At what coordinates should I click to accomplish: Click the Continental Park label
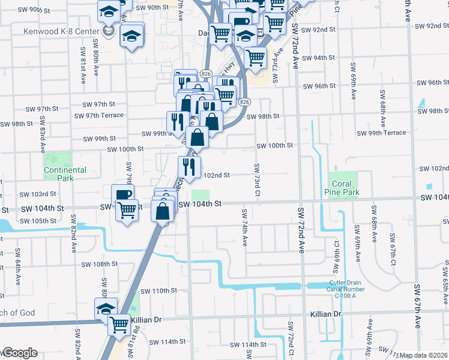coord(65,174)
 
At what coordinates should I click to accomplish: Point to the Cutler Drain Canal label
coord(352,289)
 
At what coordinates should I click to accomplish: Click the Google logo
coord(19,353)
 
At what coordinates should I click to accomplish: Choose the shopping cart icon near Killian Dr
coord(119,325)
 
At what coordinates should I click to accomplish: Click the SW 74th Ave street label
coord(245,228)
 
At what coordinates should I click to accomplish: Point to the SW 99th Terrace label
coord(381,133)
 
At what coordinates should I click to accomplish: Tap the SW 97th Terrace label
coord(98,115)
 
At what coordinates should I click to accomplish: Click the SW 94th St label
coord(318,58)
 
